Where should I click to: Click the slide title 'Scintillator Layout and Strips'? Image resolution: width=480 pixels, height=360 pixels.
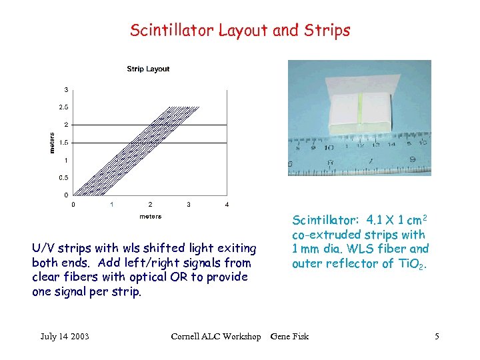[x=239, y=30]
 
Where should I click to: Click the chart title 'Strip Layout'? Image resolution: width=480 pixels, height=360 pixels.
[x=148, y=69]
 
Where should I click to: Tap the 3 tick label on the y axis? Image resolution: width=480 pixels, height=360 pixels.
[x=65, y=89]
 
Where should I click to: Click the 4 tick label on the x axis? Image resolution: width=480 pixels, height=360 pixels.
[x=227, y=204]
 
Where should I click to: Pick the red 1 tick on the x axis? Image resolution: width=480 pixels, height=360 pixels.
[x=111, y=204]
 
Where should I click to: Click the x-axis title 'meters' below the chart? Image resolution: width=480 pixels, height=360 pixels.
[x=150, y=217]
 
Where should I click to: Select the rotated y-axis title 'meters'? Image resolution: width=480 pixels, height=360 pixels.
[x=53, y=142]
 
